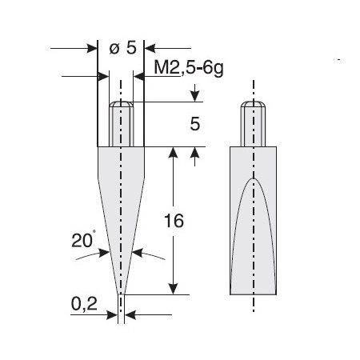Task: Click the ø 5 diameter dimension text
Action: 123,48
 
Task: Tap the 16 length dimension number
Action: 174,221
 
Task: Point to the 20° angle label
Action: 83,240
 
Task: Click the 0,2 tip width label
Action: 84,304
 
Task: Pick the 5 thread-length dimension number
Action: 195,124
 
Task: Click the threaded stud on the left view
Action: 122,124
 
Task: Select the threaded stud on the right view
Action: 253,124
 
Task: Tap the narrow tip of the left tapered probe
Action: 122,294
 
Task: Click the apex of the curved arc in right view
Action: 253,178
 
